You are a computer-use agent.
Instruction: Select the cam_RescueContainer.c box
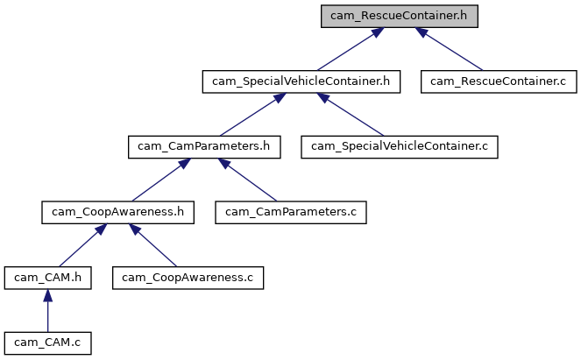point(496,81)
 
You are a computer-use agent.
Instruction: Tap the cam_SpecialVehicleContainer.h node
point(301,81)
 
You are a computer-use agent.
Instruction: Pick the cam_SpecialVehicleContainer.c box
point(400,146)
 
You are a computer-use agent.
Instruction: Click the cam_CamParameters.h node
point(204,146)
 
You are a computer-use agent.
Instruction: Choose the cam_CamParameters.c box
point(292,211)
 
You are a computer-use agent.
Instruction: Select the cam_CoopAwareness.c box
point(188,277)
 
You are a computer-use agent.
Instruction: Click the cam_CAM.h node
point(47,277)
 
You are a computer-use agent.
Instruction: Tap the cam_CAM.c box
point(47,342)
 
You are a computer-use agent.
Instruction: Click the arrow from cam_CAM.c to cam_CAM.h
point(47,312)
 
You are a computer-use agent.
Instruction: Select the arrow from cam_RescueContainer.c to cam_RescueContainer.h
point(452,51)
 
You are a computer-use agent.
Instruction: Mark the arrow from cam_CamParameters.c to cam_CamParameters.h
point(250,180)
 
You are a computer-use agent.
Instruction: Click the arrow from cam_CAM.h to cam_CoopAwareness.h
point(76,244)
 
